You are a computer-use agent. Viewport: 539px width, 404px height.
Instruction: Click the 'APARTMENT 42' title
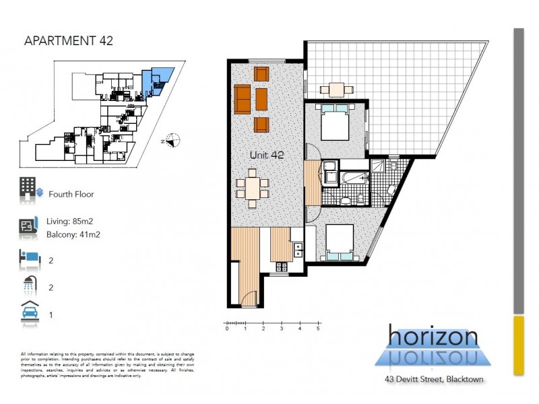[68, 40]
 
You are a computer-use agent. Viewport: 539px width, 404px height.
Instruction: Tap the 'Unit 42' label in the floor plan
[267, 155]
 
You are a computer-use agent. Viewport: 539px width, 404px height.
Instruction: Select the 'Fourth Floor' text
[71, 194]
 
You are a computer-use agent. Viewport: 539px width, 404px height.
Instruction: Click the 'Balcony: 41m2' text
[74, 234]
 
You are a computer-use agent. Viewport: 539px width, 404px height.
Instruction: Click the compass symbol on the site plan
[173, 141]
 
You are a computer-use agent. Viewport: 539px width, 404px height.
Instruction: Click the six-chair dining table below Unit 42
[253, 188]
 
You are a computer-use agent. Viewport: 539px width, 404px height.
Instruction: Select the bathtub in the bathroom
[353, 178]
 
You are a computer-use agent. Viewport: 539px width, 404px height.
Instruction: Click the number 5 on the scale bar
[317, 329]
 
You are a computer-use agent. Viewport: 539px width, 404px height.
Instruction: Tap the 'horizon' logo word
[433, 337]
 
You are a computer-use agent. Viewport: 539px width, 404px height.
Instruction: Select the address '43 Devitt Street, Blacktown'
[433, 380]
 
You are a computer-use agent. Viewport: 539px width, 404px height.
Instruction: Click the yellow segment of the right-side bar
[518, 345]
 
